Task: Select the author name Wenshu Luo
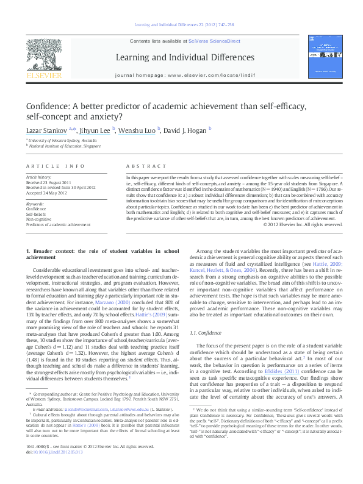click(x=138, y=130)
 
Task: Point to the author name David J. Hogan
click(x=186, y=130)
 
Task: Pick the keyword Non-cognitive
click(x=38, y=219)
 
